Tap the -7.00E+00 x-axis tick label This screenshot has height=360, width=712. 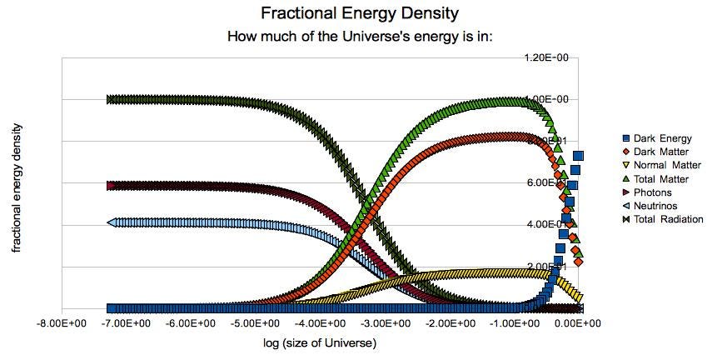[132, 322]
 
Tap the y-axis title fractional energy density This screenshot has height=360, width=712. [16, 188]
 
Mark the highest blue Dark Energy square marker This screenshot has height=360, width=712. [578, 156]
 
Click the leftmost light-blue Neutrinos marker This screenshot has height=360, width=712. [112, 222]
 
